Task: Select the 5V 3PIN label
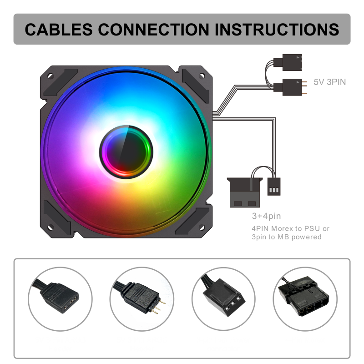click(x=330, y=82)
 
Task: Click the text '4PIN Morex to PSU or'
click(x=290, y=228)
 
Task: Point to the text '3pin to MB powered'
click(x=286, y=237)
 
